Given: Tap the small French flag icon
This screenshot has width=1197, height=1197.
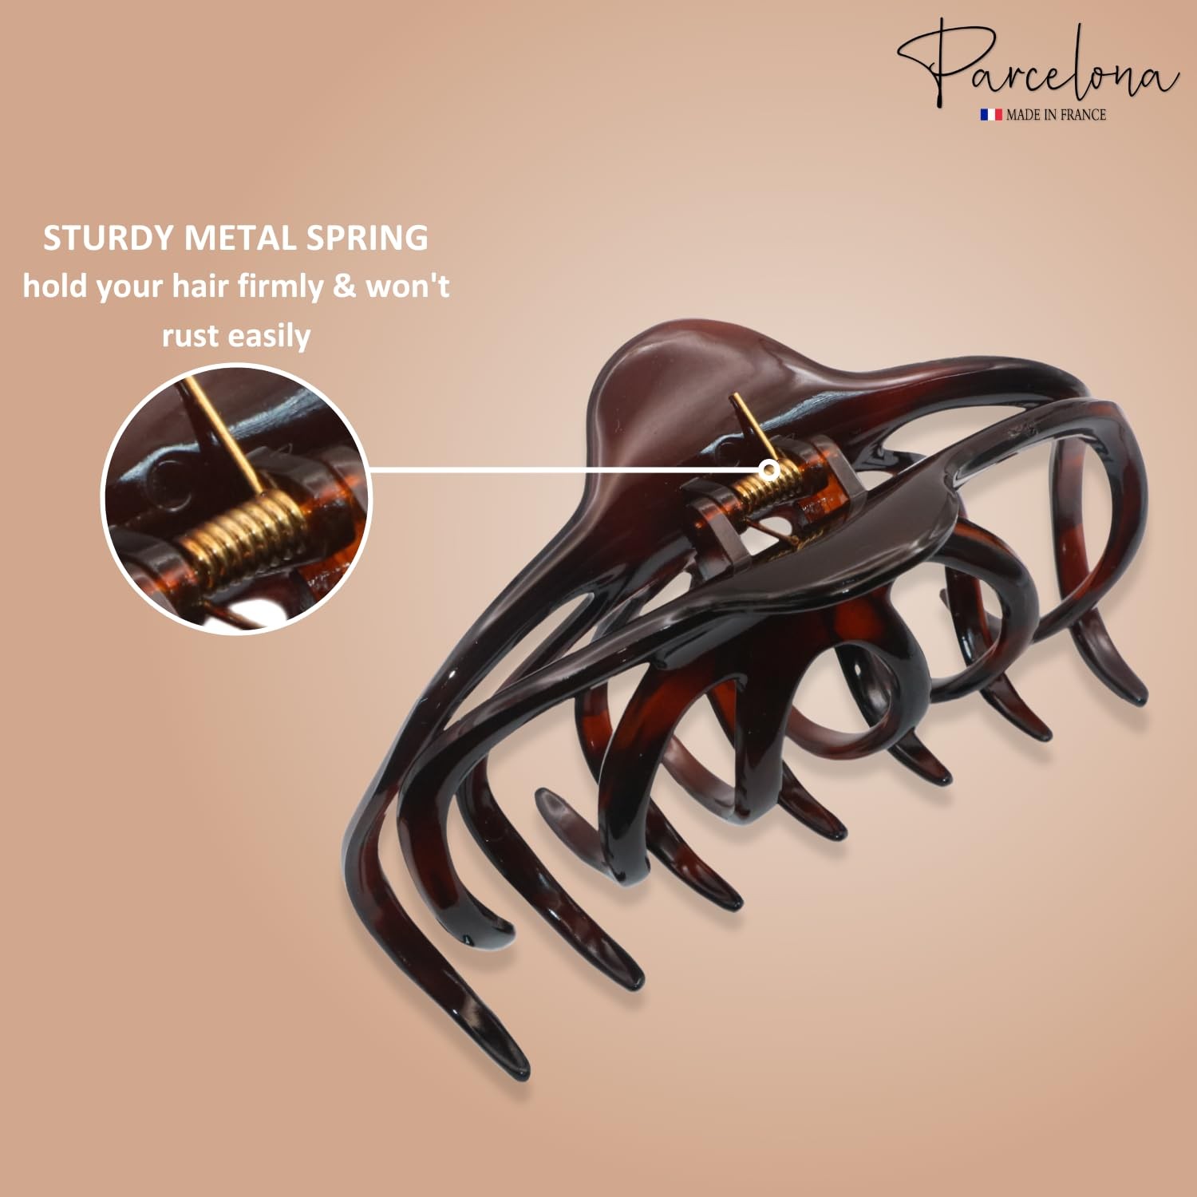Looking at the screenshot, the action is pos(991,115).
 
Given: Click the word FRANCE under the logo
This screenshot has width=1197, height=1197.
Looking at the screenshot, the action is pos(1083,115).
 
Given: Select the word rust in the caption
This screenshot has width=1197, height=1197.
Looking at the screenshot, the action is pos(190,336).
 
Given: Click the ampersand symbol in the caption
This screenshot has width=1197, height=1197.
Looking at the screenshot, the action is pos(345,286).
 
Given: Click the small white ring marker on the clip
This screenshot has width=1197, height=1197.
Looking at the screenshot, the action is pos(770,469).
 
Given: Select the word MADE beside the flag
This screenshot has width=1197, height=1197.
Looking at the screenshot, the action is pos(1023,115).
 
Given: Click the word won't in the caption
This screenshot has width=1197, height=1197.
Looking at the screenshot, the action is pos(408,286).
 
